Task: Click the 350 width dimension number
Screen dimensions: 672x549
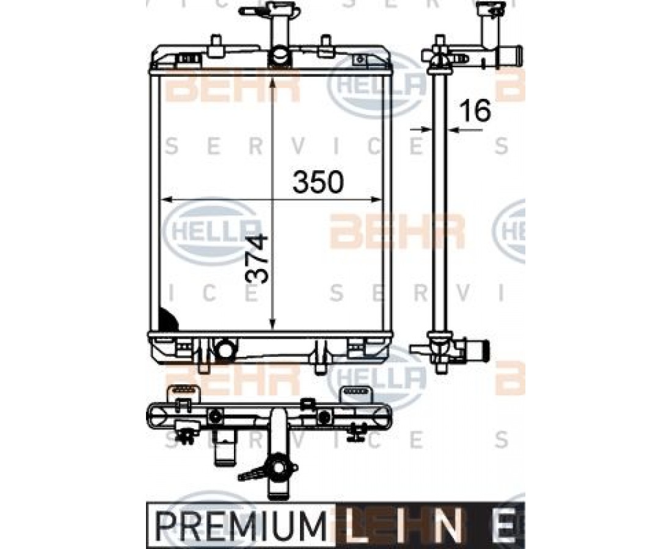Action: [318, 181]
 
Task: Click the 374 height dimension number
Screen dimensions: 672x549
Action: [257, 259]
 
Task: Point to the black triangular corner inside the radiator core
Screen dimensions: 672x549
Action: [167, 319]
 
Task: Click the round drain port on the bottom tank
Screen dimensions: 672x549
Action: [225, 349]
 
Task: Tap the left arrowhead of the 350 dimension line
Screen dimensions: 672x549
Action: [166, 199]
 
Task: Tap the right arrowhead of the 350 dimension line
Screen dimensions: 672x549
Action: [376, 199]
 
